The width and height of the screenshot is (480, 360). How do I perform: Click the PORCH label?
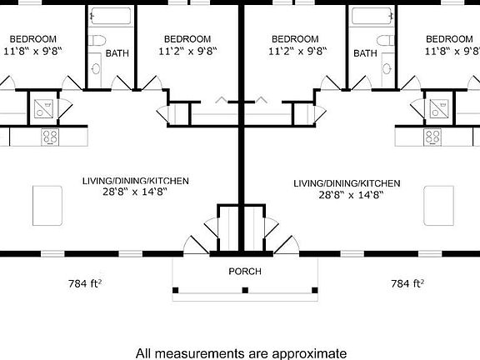[245, 271]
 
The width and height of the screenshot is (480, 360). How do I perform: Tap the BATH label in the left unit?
[117, 53]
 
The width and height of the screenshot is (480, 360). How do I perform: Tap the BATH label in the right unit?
[365, 53]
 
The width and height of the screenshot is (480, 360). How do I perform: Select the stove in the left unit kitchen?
[50, 137]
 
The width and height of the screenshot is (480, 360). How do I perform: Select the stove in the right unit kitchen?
[432, 137]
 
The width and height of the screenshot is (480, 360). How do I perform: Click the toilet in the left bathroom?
[97, 40]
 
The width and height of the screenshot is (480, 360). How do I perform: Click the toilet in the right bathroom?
[386, 40]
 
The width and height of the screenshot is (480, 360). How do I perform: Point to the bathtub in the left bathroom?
[111, 16]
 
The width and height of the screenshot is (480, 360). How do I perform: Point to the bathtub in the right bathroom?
[372, 16]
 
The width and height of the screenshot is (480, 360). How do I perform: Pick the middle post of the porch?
[245, 290]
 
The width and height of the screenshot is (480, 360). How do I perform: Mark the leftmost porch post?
[175, 290]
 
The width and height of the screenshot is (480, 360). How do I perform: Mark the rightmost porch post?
[315, 290]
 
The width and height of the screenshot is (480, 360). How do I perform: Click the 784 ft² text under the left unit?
[85, 283]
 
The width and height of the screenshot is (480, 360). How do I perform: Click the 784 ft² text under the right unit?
[407, 283]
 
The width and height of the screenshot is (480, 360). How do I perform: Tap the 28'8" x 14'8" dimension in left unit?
[135, 192]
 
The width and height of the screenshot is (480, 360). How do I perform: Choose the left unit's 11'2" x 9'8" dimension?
[187, 51]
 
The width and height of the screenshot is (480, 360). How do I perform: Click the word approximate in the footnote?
[309, 354]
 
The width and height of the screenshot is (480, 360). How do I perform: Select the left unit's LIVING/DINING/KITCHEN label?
[136, 181]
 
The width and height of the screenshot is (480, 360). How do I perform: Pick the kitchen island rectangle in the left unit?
[47, 206]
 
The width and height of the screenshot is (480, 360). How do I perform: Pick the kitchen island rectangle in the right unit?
[438, 206]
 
